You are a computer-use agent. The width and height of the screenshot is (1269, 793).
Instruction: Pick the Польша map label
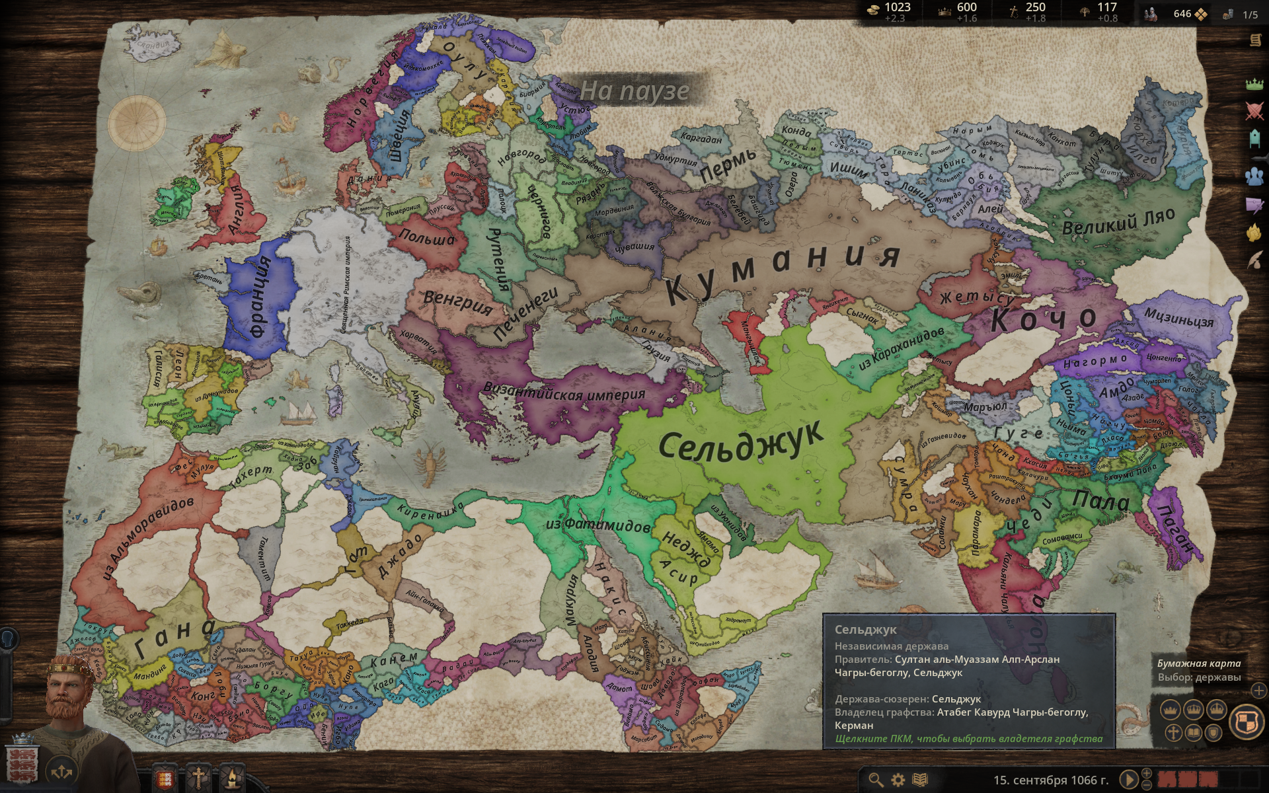click(427, 239)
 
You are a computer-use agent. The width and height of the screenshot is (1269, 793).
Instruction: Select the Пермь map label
click(728, 165)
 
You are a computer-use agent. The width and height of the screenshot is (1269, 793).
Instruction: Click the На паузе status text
click(634, 91)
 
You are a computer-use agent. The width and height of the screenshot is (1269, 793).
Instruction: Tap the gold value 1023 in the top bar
click(897, 7)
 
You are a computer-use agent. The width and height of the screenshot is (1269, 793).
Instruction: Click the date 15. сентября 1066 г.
click(1051, 780)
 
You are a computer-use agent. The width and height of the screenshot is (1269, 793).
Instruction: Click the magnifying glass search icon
click(876, 780)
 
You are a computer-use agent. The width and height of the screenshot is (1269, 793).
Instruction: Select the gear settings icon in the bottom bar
click(898, 780)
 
